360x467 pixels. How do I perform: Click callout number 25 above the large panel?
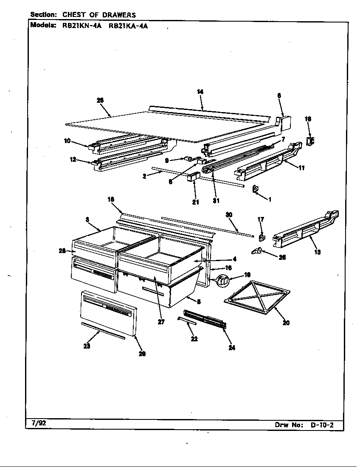tap(100, 101)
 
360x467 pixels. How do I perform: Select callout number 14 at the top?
tap(200, 91)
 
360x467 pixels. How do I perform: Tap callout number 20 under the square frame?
tap(286, 323)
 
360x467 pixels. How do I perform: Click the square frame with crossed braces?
tap(257, 297)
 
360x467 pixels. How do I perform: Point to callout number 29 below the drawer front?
tap(142, 354)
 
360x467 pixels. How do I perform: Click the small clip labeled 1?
tap(256, 189)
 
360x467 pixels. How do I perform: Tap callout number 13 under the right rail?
tap(317, 252)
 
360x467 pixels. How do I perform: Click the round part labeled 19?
tap(223, 280)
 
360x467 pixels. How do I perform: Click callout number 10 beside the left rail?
tap(67, 141)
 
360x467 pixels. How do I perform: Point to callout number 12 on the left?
tap(73, 160)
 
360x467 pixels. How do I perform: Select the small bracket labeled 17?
tap(262, 235)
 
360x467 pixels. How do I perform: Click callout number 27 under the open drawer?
tap(161, 322)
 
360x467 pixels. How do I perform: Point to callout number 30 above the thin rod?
tap(229, 215)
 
